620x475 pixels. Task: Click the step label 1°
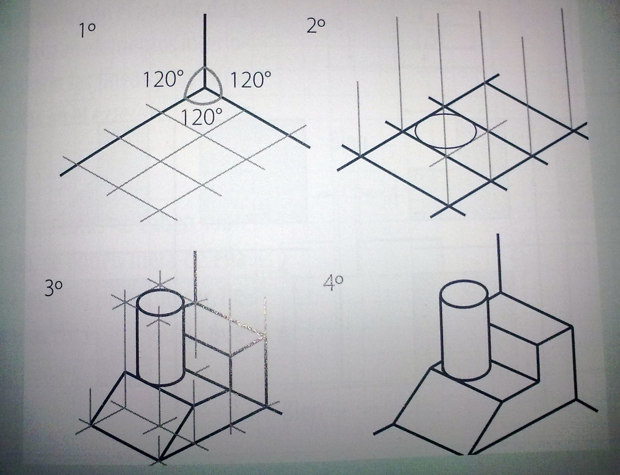coord(87,31)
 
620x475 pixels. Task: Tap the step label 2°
coord(316,26)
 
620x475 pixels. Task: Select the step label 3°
coord(53,289)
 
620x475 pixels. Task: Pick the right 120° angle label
coord(251,80)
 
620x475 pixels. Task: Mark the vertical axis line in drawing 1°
coord(205,52)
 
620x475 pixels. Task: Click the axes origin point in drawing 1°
coord(205,89)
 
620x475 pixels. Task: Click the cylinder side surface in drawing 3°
coord(160,351)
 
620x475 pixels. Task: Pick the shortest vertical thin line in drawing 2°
coord(358,119)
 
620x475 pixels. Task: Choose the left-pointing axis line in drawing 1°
coord(132,132)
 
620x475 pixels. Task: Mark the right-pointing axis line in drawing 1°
coord(257,118)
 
